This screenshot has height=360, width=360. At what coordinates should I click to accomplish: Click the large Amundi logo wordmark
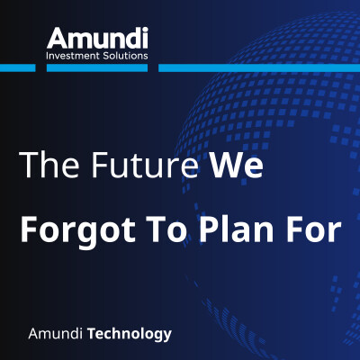(97, 39)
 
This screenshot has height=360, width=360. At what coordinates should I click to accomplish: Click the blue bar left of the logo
(18, 66)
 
